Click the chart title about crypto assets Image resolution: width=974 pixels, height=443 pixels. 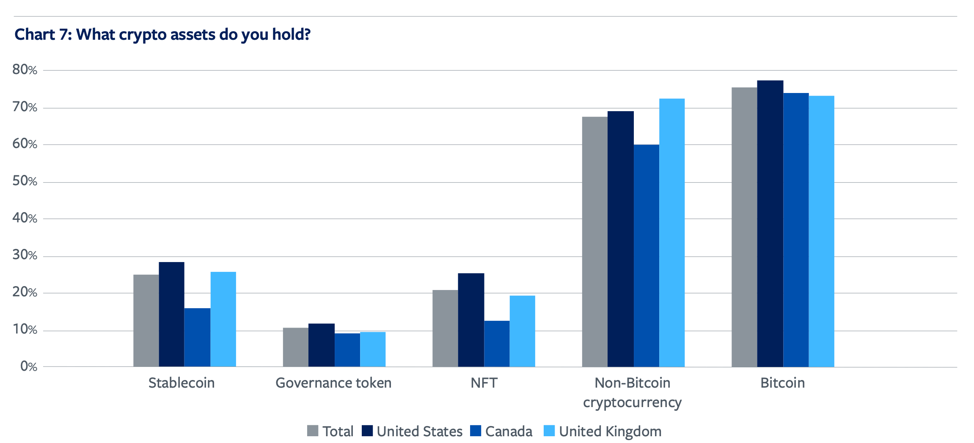click(x=162, y=35)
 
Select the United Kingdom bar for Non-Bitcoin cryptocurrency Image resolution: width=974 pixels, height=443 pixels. click(x=672, y=232)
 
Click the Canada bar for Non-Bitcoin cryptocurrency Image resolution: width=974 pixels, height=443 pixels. click(x=646, y=256)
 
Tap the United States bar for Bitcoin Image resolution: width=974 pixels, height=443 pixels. click(x=770, y=224)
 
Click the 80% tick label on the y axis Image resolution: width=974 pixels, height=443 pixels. click(x=25, y=70)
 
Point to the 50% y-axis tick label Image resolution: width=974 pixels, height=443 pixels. click(x=25, y=181)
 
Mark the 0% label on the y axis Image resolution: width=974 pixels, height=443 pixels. click(x=29, y=366)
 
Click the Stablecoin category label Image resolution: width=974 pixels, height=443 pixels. click(x=182, y=383)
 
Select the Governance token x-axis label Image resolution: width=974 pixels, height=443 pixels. click(x=333, y=383)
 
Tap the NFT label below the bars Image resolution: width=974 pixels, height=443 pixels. click(x=484, y=383)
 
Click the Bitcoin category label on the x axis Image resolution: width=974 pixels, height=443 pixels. click(x=782, y=383)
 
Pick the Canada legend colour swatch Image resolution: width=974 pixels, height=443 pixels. click(x=476, y=431)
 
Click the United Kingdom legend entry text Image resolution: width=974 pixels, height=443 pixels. click(x=610, y=431)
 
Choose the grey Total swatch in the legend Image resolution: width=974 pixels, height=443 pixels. click(x=313, y=431)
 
